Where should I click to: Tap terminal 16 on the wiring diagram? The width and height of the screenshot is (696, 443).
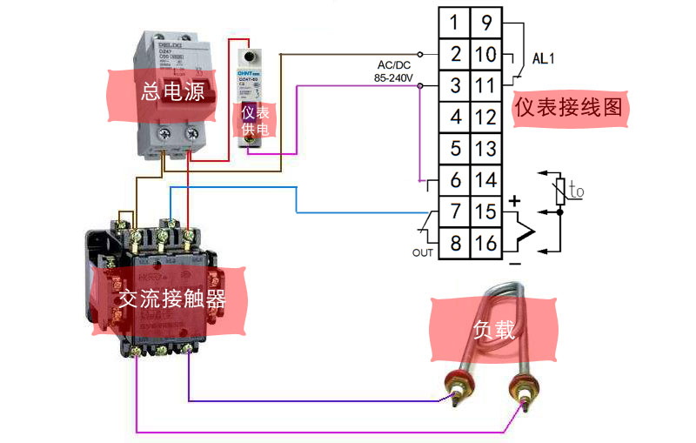pyautogui.click(x=486, y=243)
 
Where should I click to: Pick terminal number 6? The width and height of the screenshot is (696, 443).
pyautogui.click(x=455, y=180)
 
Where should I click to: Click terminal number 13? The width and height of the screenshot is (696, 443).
pyautogui.click(x=486, y=148)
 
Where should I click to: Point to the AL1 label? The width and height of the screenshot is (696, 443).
pyautogui.click(x=545, y=59)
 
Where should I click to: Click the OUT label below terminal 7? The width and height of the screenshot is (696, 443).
pyautogui.click(x=423, y=252)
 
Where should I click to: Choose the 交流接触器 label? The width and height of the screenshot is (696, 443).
pyautogui.click(x=172, y=299)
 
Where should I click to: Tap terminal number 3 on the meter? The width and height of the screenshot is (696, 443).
pyautogui.click(x=455, y=85)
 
